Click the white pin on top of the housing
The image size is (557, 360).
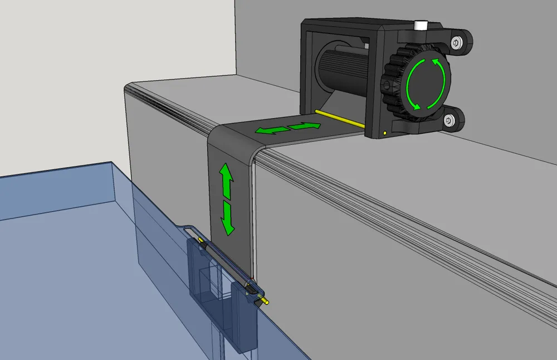[421, 26]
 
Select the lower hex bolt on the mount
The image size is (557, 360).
[449, 119]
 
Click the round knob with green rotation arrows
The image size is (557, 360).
[427, 84]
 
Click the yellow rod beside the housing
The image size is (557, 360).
[339, 119]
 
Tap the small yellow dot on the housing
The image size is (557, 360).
[385, 133]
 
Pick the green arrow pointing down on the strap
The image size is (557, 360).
[227, 218]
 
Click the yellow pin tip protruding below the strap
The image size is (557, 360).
[266, 303]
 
